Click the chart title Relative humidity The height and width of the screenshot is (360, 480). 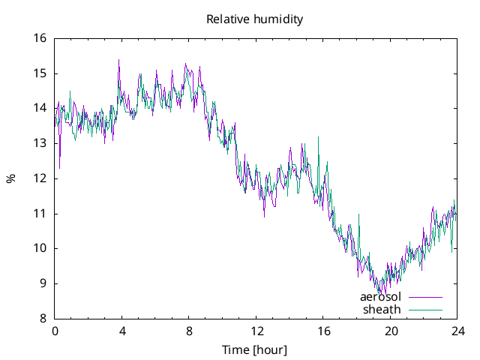[x=254, y=19]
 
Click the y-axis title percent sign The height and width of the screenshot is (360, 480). [x=10, y=178]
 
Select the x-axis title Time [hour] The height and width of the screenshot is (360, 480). [x=254, y=350]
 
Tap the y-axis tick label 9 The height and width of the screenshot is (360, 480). [x=43, y=283]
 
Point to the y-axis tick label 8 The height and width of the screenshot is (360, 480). [x=43, y=318]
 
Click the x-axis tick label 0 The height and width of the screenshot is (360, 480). [x=55, y=331]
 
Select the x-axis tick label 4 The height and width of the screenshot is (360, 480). [x=121, y=331]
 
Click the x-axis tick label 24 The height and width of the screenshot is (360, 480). [x=457, y=331]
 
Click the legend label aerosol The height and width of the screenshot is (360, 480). [x=380, y=297]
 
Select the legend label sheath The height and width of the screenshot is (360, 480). [x=382, y=309]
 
